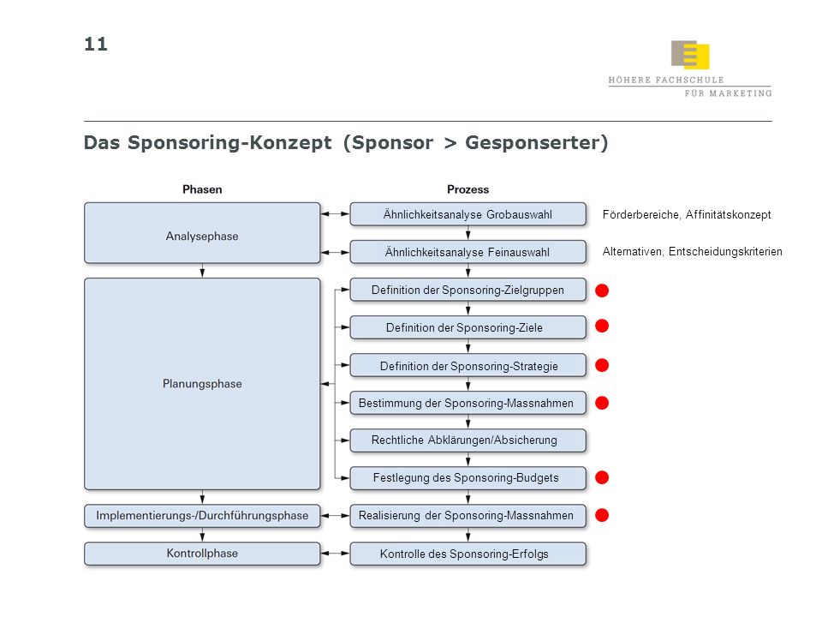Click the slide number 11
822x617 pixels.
pyautogui.click(x=96, y=44)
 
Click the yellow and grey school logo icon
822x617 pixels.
pyautogui.click(x=690, y=55)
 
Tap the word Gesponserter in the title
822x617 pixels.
pyautogui.click(x=537, y=143)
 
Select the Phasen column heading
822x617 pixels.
pyautogui.click(x=202, y=189)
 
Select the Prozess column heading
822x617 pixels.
pyautogui.click(x=468, y=189)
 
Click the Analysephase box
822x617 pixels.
pyautogui.click(x=202, y=233)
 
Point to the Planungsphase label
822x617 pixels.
pyautogui.click(x=202, y=384)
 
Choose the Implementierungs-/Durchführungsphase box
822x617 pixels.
pyautogui.click(x=202, y=516)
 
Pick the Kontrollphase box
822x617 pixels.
pyautogui.click(x=202, y=554)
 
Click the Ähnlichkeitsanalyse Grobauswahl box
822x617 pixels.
pyautogui.click(x=468, y=214)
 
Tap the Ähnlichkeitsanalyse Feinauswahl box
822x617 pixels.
pyautogui.click(x=468, y=252)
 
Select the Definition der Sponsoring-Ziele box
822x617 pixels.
pyautogui.click(x=468, y=327)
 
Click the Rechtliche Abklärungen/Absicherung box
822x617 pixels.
pyautogui.click(x=468, y=440)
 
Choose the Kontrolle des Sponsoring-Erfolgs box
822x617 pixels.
pyautogui.click(x=468, y=554)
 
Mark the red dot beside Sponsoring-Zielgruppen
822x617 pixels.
pyautogui.click(x=602, y=291)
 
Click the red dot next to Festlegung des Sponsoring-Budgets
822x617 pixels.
pyautogui.click(x=602, y=477)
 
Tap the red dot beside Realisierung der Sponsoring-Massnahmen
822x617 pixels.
pyautogui.click(x=602, y=515)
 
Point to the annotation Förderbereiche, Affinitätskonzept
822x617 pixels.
pyautogui.click(x=687, y=214)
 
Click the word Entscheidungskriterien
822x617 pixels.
pyautogui.click(x=725, y=252)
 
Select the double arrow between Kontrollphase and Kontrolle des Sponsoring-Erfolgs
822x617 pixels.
pyautogui.click(x=335, y=554)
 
